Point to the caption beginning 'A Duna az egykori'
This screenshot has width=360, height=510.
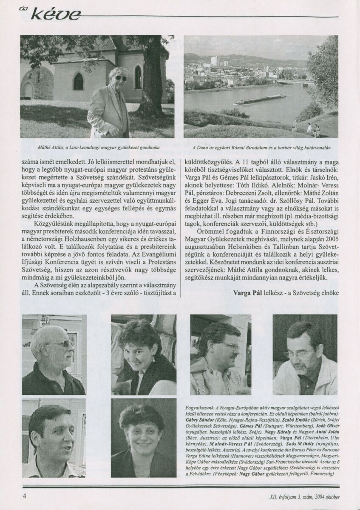point(261,148)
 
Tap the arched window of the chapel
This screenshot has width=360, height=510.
point(78,81)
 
